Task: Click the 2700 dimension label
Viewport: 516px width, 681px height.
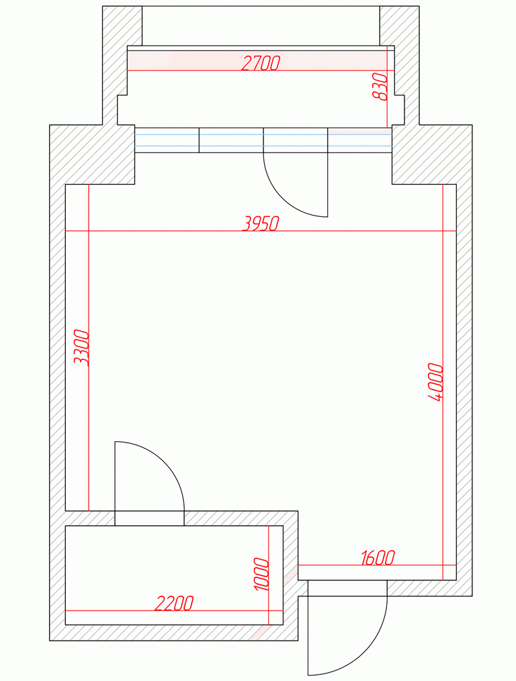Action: [x=260, y=64]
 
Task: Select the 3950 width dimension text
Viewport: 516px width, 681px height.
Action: [x=260, y=224]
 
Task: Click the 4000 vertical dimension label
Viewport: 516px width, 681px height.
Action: [x=435, y=382]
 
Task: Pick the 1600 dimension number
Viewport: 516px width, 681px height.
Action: [x=378, y=558]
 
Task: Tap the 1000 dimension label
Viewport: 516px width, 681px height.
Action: [x=261, y=574]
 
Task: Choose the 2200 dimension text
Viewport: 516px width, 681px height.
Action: [x=174, y=603]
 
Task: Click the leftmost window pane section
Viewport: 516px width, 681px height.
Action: [x=167, y=140]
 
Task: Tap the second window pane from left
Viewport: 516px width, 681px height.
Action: [x=231, y=140]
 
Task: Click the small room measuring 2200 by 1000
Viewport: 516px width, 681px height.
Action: [x=174, y=575]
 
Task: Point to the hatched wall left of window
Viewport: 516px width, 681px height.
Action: [x=92, y=154]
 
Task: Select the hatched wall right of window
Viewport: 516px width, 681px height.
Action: [x=432, y=154]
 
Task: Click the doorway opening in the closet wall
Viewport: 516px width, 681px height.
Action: [x=149, y=518]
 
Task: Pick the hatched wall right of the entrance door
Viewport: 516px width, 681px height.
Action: [x=429, y=588]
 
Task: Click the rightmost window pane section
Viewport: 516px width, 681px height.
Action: [x=360, y=140]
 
